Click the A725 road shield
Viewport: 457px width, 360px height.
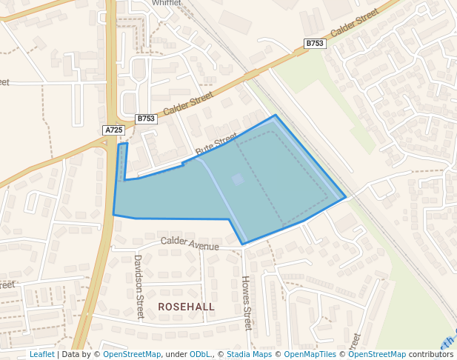(x=113, y=130)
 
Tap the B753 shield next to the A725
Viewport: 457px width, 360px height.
(x=146, y=119)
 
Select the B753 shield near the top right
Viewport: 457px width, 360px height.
(x=315, y=44)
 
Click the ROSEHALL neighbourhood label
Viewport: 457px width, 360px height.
(x=186, y=307)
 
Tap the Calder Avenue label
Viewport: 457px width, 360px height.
(x=190, y=243)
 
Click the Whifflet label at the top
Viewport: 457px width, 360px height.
(x=167, y=3)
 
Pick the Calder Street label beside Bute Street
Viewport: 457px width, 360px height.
(x=187, y=103)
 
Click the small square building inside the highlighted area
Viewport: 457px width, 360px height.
(x=237, y=179)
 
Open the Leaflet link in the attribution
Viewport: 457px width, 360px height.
(x=41, y=354)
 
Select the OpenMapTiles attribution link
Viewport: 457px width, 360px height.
(x=310, y=354)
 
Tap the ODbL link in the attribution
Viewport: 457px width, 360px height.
(x=199, y=354)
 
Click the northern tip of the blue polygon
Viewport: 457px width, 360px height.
(x=276, y=116)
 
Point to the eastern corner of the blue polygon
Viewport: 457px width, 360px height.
(x=345, y=198)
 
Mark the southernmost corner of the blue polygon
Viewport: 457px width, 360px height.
(x=242, y=244)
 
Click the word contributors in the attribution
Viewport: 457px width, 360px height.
(x=430, y=354)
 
